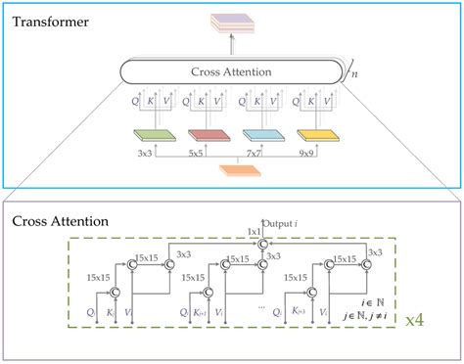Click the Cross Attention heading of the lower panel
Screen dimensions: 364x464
(x=61, y=221)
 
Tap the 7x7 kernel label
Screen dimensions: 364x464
(x=281, y=155)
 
